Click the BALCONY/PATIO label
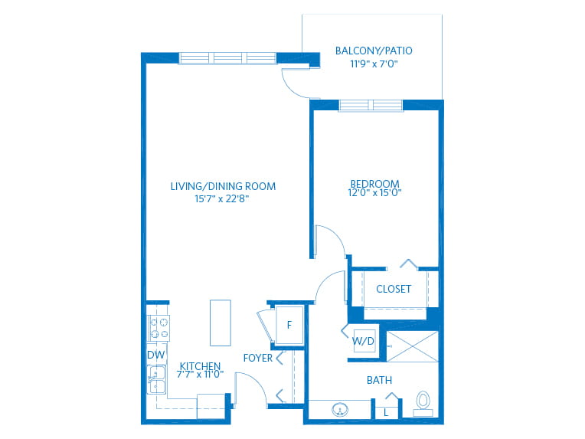pyautogui.click(x=374, y=51)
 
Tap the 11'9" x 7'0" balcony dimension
pyautogui.click(x=374, y=64)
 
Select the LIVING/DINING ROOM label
pyautogui.click(x=223, y=186)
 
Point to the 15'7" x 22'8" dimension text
pyautogui.click(x=221, y=198)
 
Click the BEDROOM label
pyautogui.click(x=374, y=184)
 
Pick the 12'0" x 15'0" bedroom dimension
pyautogui.click(x=374, y=192)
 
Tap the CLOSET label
pyautogui.click(x=394, y=289)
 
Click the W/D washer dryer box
pyautogui.click(x=364, y=341)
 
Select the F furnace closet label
pyautogui.click(x=289, y=325)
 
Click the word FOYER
pyautogui.click(x=258, y=358)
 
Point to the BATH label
pyautogui.click(x=380, y=381)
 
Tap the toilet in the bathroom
pyautogui.click(x=423, y=404)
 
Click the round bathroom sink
pyautogui.click(x=340, y=410)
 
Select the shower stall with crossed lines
pyautogui.click(x=412, y=346)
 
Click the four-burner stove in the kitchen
pyautogui.click(x=159, y=328)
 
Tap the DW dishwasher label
pyautogui.click(x=156, y=355)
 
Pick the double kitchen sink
pyautogui.click(x=157, y=379)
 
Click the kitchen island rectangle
pyautogui.click(x=221, y=323)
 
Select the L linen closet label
pyautogui.click(x=386, y=413)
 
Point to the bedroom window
pyautogui.click(x=371, y=106)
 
